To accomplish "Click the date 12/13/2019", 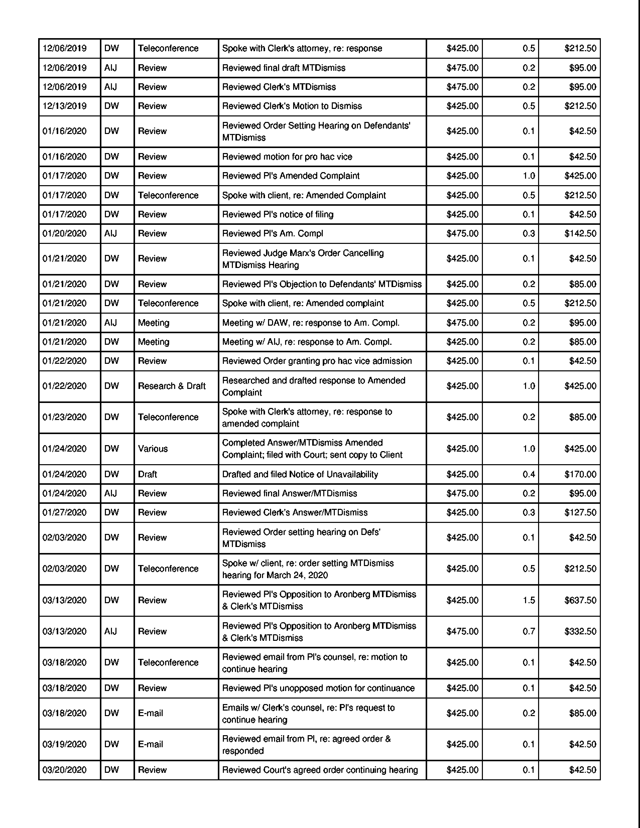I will coord(65,106).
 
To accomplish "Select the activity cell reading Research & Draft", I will coord(171,386).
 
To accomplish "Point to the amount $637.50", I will coord(580,600).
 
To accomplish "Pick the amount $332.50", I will coord(580,631).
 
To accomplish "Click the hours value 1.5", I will coord(529,600).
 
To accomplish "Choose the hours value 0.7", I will coord(529,631).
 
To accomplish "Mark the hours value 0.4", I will coord(529,474).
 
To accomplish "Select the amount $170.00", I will coord(580,474).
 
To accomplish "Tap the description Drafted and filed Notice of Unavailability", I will coord(300,474).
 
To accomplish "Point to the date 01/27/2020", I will coord(65,513).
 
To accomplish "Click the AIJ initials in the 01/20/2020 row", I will coord(110,234).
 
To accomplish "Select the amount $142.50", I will coord(580,234).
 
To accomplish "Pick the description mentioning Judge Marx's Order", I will coord(303,259).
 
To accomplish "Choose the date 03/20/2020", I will coord(65,770).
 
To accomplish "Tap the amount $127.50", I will coord(580,513).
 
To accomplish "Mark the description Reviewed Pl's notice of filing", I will coord(278,215).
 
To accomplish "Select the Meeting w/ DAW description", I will coord(310,323).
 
